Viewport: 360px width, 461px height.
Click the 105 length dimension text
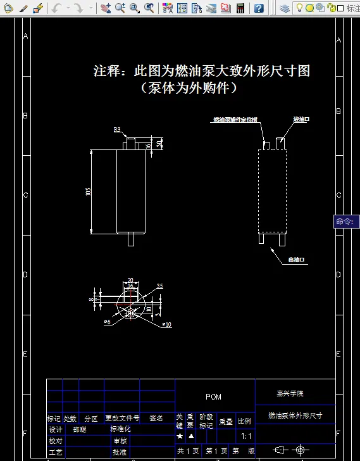[x=88, y=191]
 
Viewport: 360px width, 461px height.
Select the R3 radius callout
[x=117, y=129]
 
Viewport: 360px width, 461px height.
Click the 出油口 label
[x=298, y=260]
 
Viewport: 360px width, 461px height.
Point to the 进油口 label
[x=301, y=119]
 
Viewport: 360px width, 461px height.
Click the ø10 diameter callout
[x=166, y=324]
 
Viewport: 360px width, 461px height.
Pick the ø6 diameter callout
[x=107, y=322]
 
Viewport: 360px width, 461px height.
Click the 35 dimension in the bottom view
[x=159, y=286]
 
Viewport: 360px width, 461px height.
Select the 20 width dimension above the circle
[x=130, y=280]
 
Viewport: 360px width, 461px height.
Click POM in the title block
[x=214, y=397]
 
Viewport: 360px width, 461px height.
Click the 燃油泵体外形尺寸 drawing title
[x=295, y=415]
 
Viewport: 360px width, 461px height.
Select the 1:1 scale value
[x=246, y=436]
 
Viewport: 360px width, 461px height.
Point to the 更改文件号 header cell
[x=122, y=418]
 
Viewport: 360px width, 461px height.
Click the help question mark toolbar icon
[x=259, y=8]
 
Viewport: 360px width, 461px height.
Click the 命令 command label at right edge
[x=345, y=222]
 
